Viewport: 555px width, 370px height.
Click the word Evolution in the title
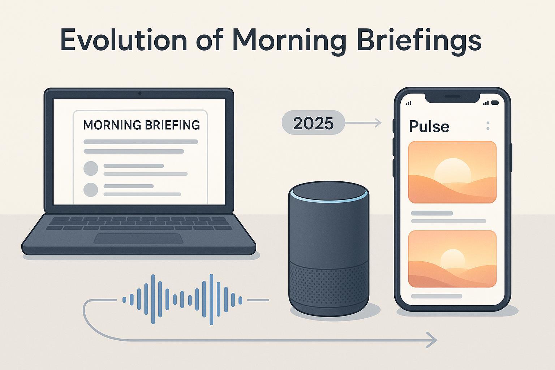coord(123,40)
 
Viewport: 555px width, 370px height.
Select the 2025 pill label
coord(313,123)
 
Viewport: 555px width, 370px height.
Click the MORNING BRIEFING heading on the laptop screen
coord(142,125)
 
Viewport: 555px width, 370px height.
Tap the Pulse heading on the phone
coord(429,126)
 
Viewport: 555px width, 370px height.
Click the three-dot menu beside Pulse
coord(488,126)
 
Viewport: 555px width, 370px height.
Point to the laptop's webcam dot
coord(140,94)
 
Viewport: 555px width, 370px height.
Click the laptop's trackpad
coord(138,238)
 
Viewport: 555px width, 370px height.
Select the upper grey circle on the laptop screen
coord(91,168)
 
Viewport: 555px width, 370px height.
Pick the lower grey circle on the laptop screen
coord(91,190)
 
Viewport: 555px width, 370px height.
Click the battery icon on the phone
coord(495,103)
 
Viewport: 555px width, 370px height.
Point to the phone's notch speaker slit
coord(452,96)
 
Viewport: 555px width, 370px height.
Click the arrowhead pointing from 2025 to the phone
coord(378,123)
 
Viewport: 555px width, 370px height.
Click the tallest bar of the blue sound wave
coord(211,300)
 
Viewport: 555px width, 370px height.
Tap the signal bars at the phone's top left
coord(409,103)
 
